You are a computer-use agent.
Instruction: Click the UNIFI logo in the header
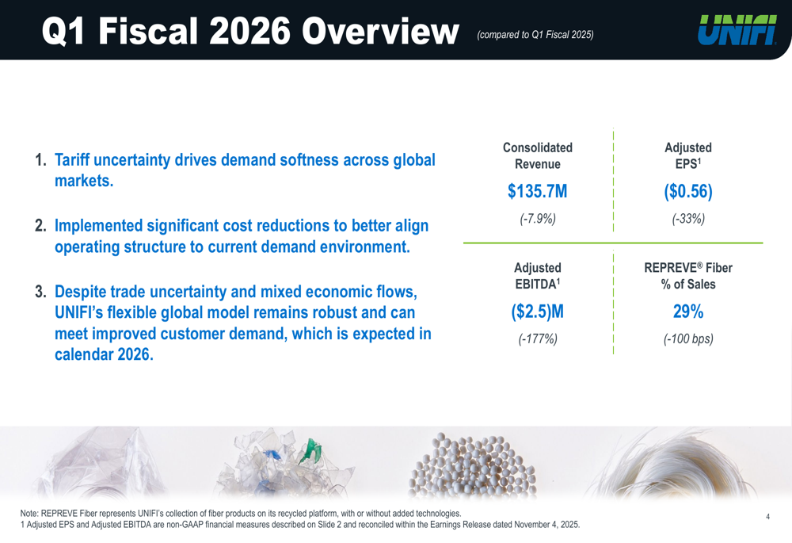click(x=737, y=30)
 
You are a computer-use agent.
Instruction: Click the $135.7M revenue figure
click(x=538, y=192)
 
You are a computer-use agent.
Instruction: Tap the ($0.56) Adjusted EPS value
click(x=688, y=192)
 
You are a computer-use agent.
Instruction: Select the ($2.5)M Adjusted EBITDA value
click(x=538, y=312)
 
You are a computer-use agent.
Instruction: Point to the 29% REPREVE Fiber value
click(x=688, y=312)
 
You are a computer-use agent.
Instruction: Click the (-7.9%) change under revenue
click(x=538, y=219)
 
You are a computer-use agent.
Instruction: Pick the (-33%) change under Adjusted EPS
click(x=688, y=219)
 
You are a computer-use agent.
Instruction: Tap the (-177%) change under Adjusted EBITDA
click(x=538, y=339)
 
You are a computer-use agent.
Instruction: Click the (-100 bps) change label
click(x=688, y=339)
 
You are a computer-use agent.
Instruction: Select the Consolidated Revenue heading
click(x=538, y=156)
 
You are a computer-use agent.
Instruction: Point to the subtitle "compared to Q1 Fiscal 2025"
click(x=535, y=34)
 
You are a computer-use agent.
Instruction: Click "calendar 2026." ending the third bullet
click(x=103, y=354)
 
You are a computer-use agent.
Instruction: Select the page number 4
click(x=768, y=517)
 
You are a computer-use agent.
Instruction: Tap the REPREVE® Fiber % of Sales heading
click(x=688, y=276)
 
